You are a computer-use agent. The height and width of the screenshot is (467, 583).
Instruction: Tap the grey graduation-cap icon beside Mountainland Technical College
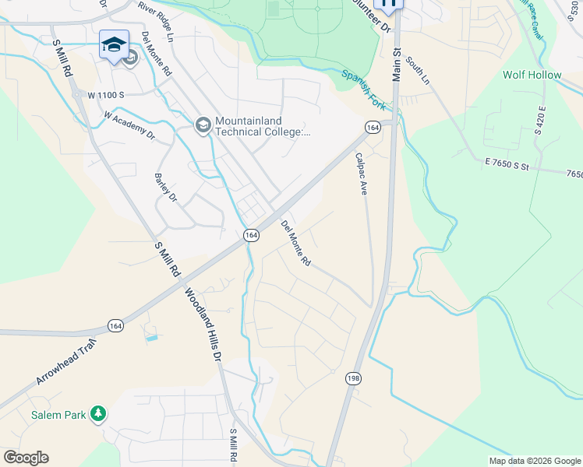pos(203,125)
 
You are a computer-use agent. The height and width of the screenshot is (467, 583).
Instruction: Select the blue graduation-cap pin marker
pos(114,45)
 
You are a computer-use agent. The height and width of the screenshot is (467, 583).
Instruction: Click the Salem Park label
pos(58,415)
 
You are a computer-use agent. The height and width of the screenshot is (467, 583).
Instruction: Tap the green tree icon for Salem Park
pos(97,414)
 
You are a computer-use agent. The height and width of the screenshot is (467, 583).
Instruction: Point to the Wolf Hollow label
pos(532,75)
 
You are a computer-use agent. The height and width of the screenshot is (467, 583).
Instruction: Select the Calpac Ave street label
pos(361,173)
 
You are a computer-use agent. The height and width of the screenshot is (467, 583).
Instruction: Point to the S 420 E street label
pos(540,120)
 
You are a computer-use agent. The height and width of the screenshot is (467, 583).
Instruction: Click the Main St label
pos(396,64)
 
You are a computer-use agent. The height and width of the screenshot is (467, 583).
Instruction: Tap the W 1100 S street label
pos(106,95)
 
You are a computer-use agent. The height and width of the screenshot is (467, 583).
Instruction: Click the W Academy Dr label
pos(130,127)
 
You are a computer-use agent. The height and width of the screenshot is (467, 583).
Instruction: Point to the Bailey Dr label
pos(166,187)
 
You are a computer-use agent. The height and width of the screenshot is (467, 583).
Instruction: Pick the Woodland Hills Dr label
pos(203,323)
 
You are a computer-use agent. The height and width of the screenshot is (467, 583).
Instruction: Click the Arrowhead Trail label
pos(65,361)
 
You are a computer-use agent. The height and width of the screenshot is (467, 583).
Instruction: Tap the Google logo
pos(26,458)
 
